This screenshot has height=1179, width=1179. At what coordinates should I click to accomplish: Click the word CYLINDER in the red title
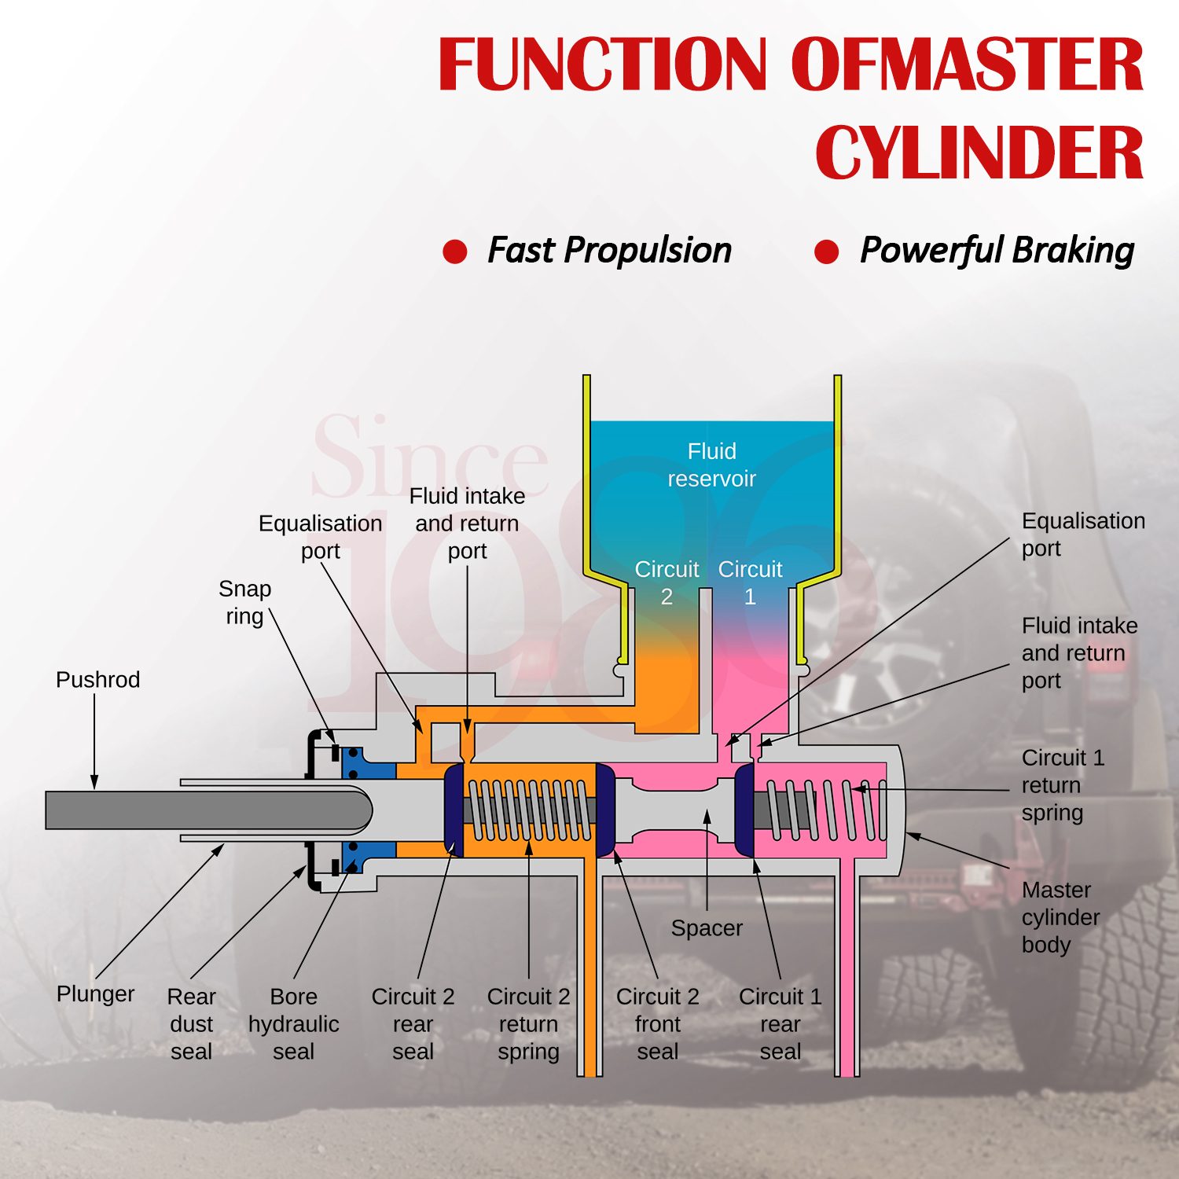979,153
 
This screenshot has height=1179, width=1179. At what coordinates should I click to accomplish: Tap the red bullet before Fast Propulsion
455,252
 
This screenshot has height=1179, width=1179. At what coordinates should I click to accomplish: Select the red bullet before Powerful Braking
826,252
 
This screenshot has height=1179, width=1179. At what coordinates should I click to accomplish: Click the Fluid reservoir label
711,465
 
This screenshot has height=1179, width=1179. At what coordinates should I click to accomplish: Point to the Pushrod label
97,680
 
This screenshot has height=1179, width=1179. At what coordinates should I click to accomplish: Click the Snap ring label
244,602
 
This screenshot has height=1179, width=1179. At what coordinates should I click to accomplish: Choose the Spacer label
707,928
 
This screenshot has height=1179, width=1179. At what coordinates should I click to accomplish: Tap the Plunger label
95,994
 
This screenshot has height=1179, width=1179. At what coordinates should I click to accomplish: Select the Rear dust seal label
191,1024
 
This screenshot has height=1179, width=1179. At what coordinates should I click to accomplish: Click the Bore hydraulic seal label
293,1024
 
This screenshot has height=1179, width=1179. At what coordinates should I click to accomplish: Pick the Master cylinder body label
1060,917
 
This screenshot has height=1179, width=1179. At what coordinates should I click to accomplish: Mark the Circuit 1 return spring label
1062,785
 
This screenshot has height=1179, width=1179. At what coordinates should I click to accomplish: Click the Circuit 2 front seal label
657,1024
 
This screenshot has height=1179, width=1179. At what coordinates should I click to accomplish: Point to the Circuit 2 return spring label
528,1024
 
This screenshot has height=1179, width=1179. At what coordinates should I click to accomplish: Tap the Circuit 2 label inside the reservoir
667,582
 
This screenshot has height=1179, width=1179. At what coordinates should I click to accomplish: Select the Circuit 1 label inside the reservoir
750,582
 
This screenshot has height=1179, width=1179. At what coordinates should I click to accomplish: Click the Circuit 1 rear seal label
780,1024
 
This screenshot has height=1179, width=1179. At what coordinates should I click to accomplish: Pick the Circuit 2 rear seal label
413,1024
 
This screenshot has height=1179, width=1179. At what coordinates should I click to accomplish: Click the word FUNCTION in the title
602,64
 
